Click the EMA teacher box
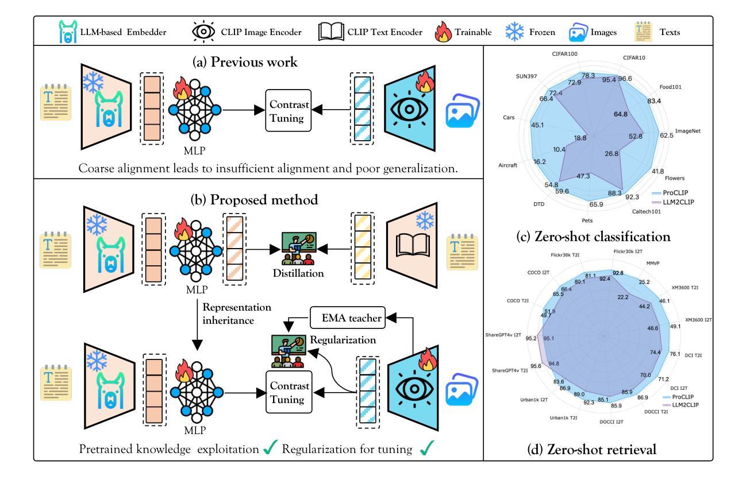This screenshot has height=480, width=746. pos(346,315)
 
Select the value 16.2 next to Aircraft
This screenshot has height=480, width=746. pos(540,162)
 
